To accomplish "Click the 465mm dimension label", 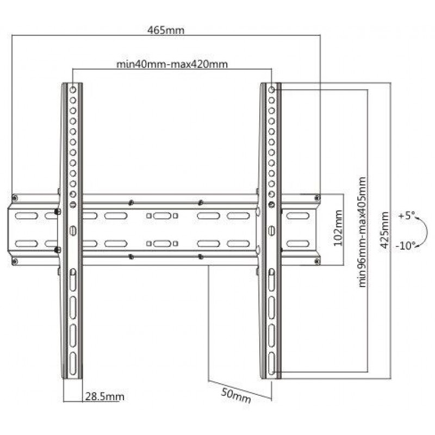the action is (x=166, y=30).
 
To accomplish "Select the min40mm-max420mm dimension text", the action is (x=172, y=64).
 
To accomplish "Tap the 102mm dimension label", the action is (x=338, y=228).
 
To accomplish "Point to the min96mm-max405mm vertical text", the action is (x=362, y=232).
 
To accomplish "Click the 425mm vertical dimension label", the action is (x=384, y=230).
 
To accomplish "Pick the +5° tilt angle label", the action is (x=406, y=215).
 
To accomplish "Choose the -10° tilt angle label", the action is (x=406, y=246).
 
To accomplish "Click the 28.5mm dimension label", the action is (x=104, y=397).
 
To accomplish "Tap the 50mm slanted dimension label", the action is (x=236, y=396).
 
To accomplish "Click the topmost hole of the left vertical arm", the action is (x=73, y=90).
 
